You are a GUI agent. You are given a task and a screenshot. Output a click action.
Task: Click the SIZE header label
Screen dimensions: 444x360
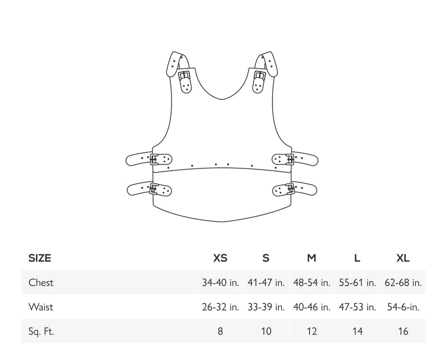click(x=39, y=258)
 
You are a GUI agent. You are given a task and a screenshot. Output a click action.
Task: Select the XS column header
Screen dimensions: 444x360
click(x=220, y=258)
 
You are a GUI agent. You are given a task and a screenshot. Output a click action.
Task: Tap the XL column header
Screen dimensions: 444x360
click(x=403, y=258)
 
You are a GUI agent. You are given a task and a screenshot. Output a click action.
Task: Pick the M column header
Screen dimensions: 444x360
click(x=311, y=258)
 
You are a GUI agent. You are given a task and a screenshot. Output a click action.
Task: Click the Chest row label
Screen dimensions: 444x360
click(x=41, y=283)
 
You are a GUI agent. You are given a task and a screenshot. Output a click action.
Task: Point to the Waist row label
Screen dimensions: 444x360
click(x=41, y=307)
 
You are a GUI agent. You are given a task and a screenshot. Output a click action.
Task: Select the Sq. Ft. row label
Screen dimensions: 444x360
click(x=41, y=331)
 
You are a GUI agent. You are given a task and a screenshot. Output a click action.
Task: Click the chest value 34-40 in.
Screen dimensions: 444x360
click(x=220, y=283)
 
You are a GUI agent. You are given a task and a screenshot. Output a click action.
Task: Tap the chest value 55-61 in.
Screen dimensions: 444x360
click(x=357, y=283)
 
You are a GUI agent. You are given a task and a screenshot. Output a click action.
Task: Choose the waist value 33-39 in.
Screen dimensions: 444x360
click(x=266, y=307)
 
